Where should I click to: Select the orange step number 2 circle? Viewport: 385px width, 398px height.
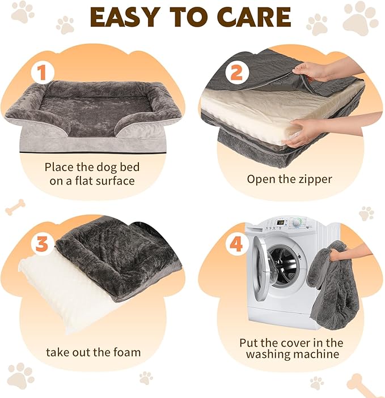pos(236,72)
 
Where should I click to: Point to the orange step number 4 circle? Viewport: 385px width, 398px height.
pos(236,245)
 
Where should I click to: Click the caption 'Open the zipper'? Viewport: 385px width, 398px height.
pos(289,179)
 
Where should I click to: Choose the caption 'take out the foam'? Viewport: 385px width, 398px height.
pos(93,352)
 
